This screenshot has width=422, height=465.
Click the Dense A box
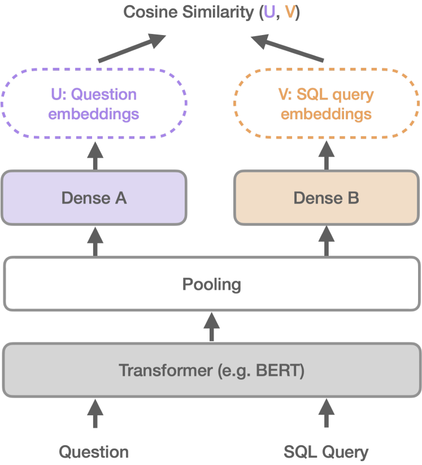[x=94, y=198]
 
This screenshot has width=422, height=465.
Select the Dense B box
[x=327, y=198]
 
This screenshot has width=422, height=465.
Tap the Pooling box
[x=211, y=284]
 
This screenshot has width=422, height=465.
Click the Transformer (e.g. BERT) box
[x=211, y=371]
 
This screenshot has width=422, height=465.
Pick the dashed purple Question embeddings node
[x=94, y=104]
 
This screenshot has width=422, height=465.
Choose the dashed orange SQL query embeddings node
[x=327, y=104]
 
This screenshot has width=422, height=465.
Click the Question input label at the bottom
[x=94, y=452]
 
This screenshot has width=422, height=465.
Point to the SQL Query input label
[x=326, y=452]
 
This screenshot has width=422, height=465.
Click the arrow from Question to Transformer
[x=95, y=414]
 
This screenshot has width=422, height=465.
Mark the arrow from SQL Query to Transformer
[x=327, y=414]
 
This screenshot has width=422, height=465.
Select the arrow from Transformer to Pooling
[x=212, y=327]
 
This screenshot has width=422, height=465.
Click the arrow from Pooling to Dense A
[x=95, y=241]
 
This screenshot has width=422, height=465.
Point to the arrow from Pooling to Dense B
[x=327, y=241]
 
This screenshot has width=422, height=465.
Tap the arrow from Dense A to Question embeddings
[x=95, y=155]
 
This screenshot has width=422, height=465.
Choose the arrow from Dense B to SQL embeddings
[x=327, y=155]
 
